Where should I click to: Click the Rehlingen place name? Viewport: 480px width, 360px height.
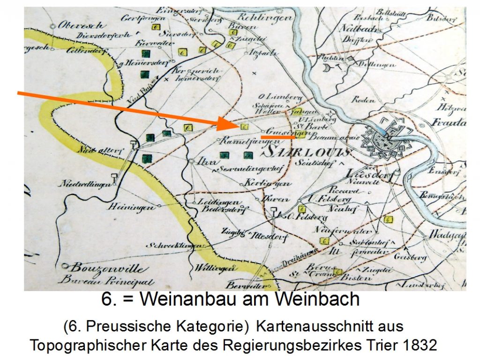coord(265,17)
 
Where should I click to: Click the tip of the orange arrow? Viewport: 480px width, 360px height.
coord(238,126)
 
